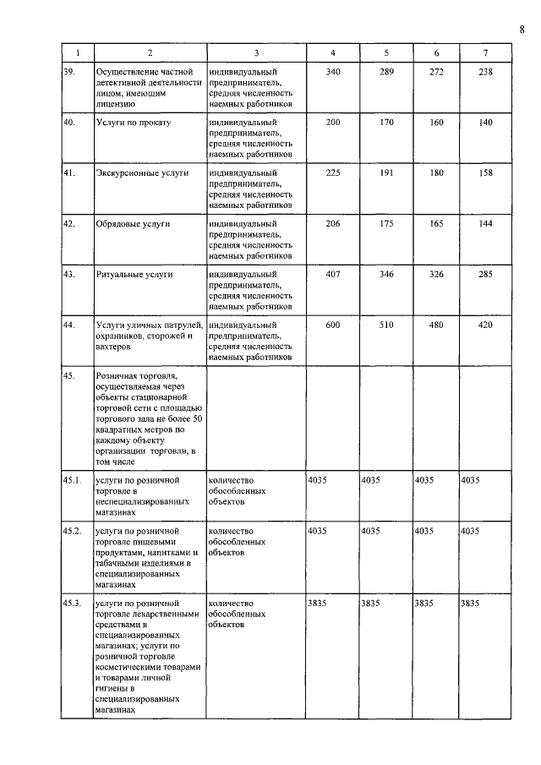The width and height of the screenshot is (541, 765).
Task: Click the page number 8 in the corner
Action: pos(522,30)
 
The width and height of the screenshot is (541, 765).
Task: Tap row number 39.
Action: pos(70,72)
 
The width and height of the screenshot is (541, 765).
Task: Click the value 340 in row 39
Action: pos(332,72)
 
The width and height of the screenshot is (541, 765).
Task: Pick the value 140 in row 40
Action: pos(484,123)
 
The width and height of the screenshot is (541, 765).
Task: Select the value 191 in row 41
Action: pos(386,172)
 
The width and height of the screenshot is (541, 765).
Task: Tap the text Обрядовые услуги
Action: pos(134,224)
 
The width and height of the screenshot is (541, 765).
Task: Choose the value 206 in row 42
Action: pos(332,224)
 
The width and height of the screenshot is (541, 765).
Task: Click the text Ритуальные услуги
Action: pos(135,275)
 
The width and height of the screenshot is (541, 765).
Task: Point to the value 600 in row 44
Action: pos(332,325)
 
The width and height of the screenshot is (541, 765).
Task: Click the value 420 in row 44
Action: pos(484,325)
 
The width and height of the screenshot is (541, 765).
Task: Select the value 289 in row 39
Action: pos(386,72)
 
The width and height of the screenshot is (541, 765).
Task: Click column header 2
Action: pos(149,54)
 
